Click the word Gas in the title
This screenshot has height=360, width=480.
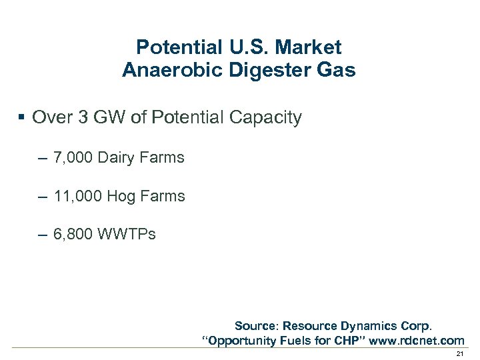337,70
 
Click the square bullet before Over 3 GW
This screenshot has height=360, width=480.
21,118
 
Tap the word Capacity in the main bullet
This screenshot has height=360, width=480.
267,118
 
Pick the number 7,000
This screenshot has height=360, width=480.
73,158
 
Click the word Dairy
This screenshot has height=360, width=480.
118,158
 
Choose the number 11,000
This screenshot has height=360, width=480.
77,196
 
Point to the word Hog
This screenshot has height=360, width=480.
122,197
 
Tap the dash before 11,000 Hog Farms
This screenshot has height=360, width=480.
43,197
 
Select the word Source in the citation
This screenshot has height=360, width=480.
256,326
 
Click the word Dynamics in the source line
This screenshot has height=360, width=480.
367,326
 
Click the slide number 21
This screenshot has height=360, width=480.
459,353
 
